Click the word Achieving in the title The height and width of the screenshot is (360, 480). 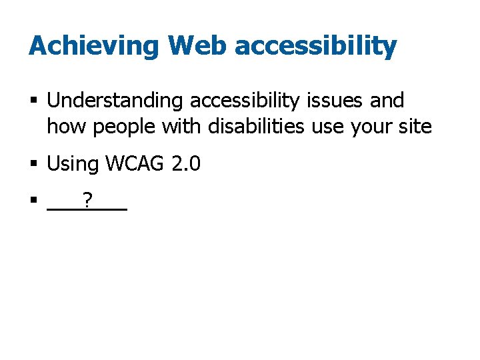[x=93, y=46]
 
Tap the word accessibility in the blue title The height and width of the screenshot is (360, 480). [x=316, y=46]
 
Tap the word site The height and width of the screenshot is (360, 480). [x=414, y=127]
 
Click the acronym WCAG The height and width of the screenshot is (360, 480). [x=135, y=164]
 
